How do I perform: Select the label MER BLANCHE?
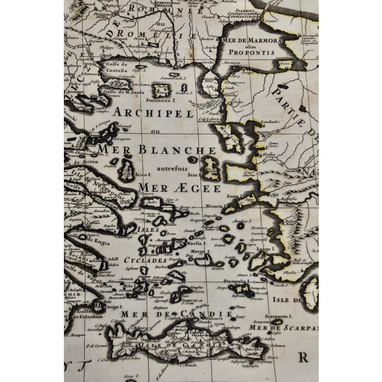[156, 150]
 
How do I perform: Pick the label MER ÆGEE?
[171, 187]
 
